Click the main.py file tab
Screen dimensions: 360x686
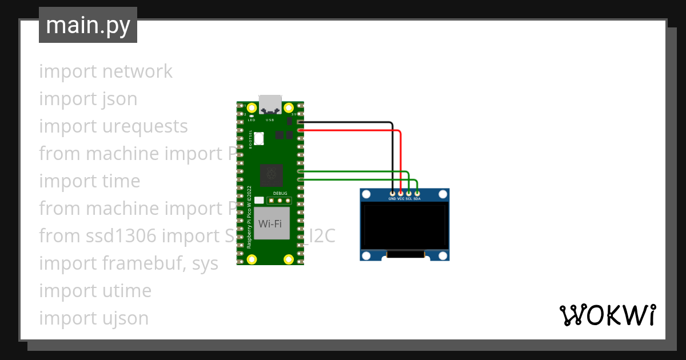pos(88,25)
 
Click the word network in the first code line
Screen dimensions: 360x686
pos(137,71)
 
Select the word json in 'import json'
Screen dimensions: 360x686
pos(120,99)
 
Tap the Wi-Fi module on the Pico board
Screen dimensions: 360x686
pos(270,224)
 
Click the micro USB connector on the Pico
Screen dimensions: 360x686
pos(270,104)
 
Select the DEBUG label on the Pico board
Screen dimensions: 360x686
pos(280,194)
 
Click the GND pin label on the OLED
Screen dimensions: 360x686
pos(392,199)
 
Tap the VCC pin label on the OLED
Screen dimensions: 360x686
pos(401,199)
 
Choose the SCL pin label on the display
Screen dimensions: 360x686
pos(409,199)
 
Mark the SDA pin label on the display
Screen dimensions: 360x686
pos(417,199)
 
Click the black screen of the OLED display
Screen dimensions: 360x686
pos(404,226)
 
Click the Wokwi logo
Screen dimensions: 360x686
pos(607,315)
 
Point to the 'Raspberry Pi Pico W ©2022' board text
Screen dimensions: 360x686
pos(249,216)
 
